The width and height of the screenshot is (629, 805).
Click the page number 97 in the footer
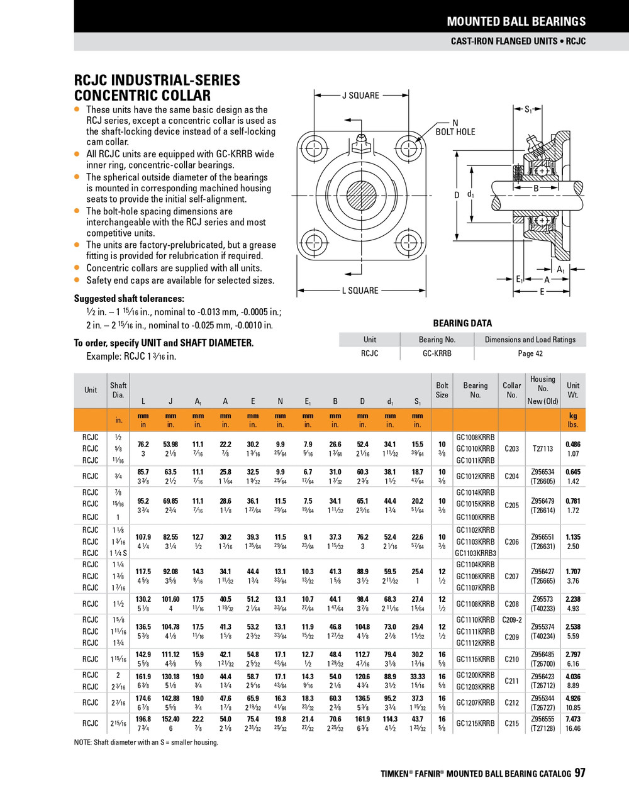click(579, 773)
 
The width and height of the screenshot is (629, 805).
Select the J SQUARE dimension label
click(360, 96)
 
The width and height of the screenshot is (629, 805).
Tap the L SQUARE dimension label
click(360, 291)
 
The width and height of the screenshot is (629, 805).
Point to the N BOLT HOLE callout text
click(455, 128)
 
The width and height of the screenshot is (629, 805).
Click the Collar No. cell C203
click(512, 449)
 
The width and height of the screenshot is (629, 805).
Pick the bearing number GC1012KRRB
click(476, 477)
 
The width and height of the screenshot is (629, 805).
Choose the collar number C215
click(512, 723)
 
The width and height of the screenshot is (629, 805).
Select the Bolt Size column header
click(442, 390)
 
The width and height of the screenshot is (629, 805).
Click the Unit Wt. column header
click(573, 390)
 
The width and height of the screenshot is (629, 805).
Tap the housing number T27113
click(543, 449)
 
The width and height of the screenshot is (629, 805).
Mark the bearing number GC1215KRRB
click(476, 723)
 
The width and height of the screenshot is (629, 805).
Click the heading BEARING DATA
click(462, 323)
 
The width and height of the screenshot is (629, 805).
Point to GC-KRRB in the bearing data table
click(437, 353)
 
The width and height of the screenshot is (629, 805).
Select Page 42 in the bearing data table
click(530, 353)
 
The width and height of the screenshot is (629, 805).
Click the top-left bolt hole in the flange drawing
click(313, 148)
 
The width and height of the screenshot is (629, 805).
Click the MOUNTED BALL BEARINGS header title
click(516, 21)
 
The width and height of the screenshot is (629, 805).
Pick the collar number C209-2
click(512, 620)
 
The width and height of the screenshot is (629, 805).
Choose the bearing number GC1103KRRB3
click(476, 553)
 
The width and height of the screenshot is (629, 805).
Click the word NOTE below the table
click(82, 743)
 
